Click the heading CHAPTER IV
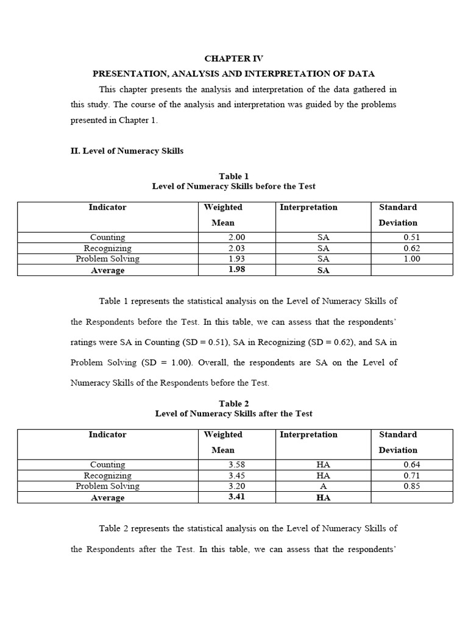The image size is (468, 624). click(233, 58)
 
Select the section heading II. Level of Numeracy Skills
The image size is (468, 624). click(127, 151)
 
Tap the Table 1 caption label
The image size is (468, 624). click(234, 176)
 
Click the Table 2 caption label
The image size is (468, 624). click(234, 403)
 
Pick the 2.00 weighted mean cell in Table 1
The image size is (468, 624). click(237, 237)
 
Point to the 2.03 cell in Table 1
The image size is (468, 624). click(237, 248)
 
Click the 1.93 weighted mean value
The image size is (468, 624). click(237, 258)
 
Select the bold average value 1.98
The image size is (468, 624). click(236, 269)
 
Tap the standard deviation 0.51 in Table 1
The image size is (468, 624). click(412, 237)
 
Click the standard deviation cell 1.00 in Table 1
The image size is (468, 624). click(412, 258)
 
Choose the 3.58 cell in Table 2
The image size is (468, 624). click(237, 464)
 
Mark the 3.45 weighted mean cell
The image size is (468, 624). click(237, 475)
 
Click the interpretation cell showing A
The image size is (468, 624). click(323, 486)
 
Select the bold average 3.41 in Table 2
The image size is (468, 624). click(236, 497)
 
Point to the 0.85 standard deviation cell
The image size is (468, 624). click(412, 486)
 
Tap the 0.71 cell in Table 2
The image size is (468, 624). click(412, 475)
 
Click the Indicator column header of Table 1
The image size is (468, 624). click(107, 207)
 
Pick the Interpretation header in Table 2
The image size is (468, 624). click(308, 434)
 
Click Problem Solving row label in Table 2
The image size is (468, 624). click(107, 486)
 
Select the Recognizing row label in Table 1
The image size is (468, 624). click(107, 248)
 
